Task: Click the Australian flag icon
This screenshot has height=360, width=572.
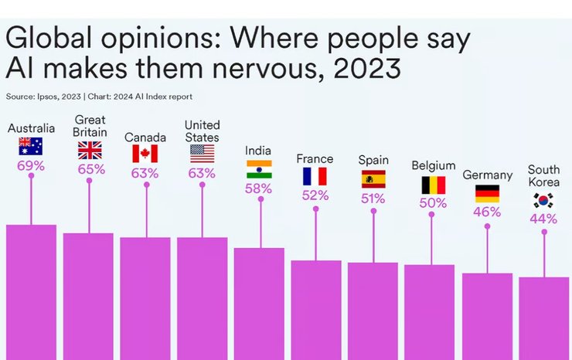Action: pyautogui.click(x=31, y=146)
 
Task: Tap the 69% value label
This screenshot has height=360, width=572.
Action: pyautogui.click(x=31, y=165)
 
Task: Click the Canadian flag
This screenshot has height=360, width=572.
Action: pyautogui.click(x=145, y=154)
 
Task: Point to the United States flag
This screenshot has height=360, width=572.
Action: pyautogui.click(x=203, y=154)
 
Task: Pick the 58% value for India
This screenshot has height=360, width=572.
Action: pyautogui.click(x=259, y=188)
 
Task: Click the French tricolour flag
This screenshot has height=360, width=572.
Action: pyautogui.click(x=315, y=176)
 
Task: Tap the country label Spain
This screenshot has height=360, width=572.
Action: pyautogui.click(x=373, y=160)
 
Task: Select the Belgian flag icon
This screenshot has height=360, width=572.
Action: pyautogui.click(x=433, y=185)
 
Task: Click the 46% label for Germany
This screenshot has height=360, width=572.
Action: pyautogui.click(x=487, y=212)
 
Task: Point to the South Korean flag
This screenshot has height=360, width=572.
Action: pyautogui.click(x=543, y=201)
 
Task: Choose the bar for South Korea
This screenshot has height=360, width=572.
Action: pyautogui.click(x=544, y=318)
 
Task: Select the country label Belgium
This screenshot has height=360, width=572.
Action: pyautogui.click(x=434, y=165)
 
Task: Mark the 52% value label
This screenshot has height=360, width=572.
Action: pyautogui.click(x=315, y=195)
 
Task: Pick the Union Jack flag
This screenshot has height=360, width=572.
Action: pyautogui.click(x=89, y=150)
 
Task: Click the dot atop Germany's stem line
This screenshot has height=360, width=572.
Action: pyautogui.click(x=487, y=226)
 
